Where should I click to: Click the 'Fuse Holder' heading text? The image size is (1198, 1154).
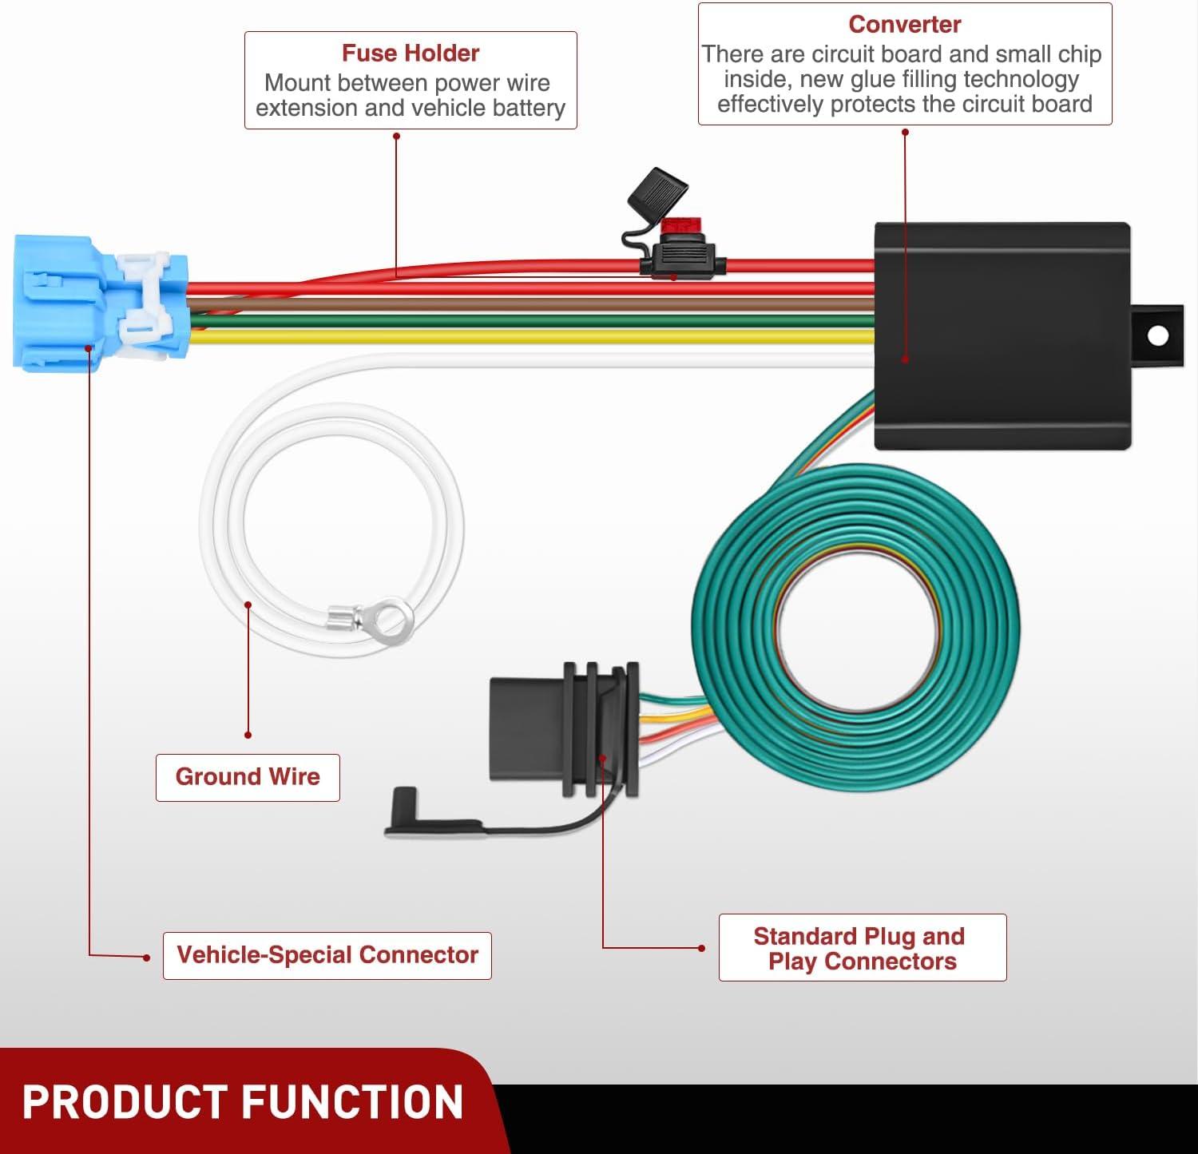tap(411, 53)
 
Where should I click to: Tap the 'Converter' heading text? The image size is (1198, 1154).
tap(905, 24)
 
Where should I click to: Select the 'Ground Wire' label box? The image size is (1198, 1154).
tap(248, 777)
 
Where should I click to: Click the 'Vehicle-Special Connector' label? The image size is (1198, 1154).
tap(327, 955)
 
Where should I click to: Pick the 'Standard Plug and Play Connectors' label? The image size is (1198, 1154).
tap(863, 948)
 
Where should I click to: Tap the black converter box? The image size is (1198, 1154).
tap(1002, 335)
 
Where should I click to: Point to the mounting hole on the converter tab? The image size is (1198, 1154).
tap(1157, 335)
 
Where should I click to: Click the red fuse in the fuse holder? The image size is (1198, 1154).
tap(680, 225)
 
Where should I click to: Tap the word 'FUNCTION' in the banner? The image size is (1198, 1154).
tap(353, 1103)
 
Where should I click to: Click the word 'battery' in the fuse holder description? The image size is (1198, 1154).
tap(528, 109)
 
